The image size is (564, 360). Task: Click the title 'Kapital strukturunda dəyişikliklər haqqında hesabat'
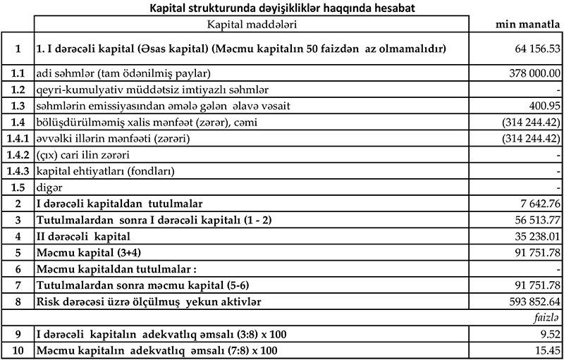pyautogui.click(x=281, y=8)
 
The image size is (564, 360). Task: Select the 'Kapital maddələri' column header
pyautogui.click(x=251, y=25)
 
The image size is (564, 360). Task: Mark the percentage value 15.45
pyautogui.click(x=547, y=350)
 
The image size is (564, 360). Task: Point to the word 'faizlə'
pyautogui.click(x=547, y=318)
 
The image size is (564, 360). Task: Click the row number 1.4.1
pyautogui.click(x=16, y=138)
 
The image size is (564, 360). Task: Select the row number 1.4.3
pyautogui.click(x=16, y=170)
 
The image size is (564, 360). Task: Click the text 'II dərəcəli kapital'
pyautogui.click(x=81, y=236)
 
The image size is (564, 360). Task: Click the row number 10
pyautogui.click(x=16, y=350)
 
